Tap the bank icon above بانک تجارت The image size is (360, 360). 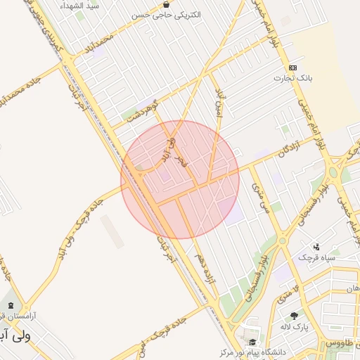290,67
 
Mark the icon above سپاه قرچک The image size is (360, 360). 317,247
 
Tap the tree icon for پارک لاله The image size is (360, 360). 293,316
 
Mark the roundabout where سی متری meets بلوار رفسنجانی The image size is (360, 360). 282,240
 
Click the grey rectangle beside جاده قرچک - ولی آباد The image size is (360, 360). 112,229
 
